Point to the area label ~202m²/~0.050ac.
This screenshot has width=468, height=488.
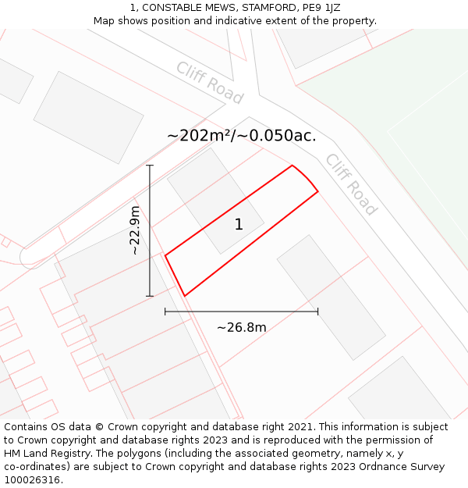click(241, 136)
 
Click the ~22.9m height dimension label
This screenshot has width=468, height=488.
click(135, 230)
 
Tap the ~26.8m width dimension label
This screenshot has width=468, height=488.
click(241, 327)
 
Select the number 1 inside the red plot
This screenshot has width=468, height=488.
click(239, 225)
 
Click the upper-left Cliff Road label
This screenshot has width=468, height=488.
click(209, 83)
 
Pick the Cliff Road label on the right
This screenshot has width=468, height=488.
click(351, 184)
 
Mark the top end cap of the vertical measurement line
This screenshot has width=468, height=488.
click(150, 166)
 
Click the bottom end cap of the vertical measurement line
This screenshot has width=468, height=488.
click(150, 296)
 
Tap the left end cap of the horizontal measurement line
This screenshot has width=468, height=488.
click(165, 312)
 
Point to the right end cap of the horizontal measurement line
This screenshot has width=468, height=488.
click(317, 312)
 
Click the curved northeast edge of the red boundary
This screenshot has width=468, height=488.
click(307, 177)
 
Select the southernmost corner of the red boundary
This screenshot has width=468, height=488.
click(185, 295)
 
